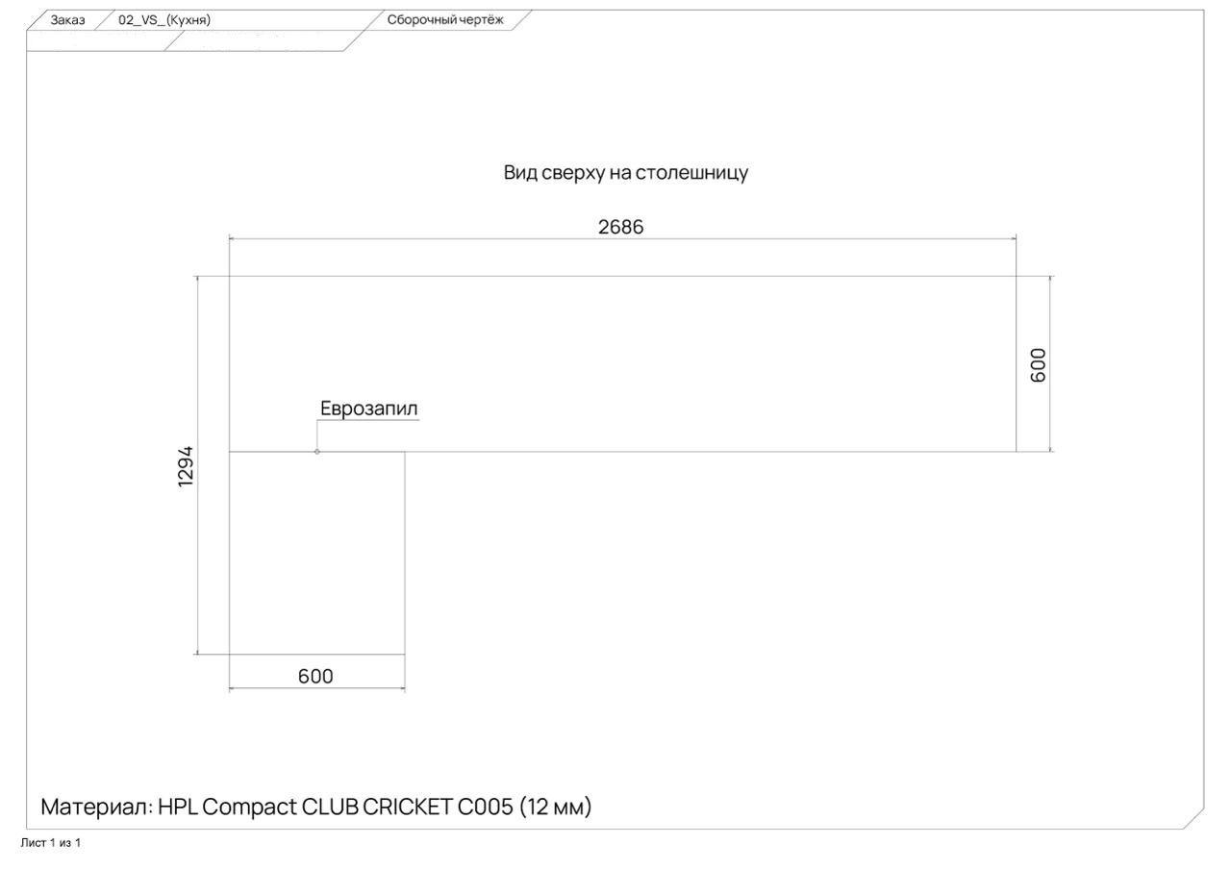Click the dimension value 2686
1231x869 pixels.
pos(620,227)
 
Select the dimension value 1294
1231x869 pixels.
pos(187,465)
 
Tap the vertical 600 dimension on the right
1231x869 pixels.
pos(1038,364)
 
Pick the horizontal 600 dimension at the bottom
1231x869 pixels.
pos(315,677)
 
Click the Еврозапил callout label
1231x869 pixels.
pos(369,409)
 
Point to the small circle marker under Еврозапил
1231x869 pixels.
pos(317,451)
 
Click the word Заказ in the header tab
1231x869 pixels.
pos(67,20)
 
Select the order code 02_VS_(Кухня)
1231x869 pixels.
pos(164,20)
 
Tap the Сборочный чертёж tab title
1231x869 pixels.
pos(444,20)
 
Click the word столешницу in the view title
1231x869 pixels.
pos(692,173)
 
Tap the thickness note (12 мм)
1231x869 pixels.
pos(555,807)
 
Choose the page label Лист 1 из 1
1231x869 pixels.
pos(50,843)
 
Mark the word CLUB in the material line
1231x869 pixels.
pos(330,807)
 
